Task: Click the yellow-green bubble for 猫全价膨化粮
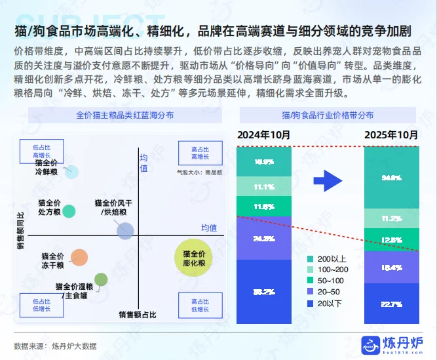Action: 194,257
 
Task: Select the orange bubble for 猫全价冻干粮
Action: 79,258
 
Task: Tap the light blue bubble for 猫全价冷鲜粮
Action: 72,172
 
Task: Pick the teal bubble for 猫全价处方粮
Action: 69,211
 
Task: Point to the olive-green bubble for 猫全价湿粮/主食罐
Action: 100,280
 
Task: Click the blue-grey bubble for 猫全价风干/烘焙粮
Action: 125,230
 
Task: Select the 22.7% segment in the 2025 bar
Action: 391,304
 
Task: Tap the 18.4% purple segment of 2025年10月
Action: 391,268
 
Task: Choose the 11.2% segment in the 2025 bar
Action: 391,218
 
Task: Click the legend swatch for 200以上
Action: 311,260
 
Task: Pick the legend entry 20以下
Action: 311,303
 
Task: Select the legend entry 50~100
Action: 311,281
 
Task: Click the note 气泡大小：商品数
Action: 200,172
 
